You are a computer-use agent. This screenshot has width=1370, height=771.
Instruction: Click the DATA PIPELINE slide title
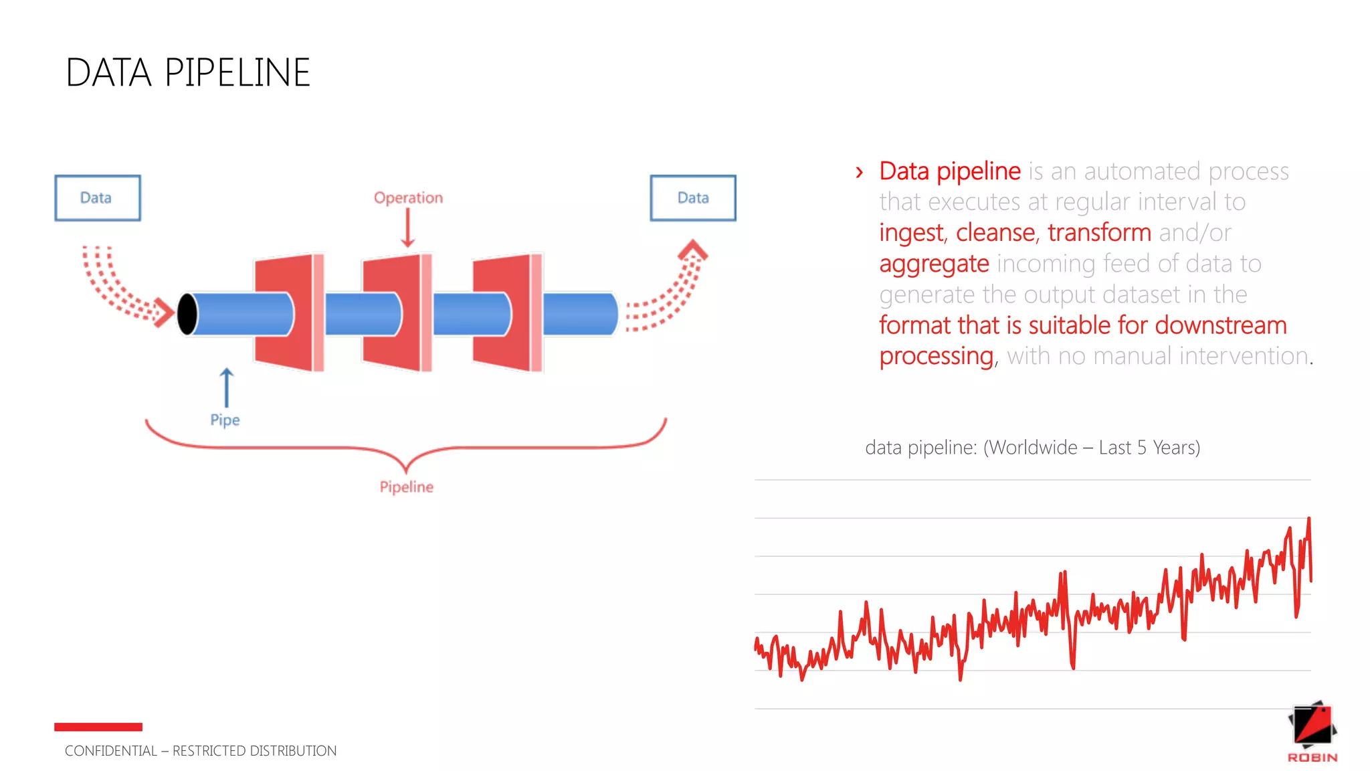pyautogui.click(x=188, y=72)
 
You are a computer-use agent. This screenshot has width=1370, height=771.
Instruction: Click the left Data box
pyautogui.click(x=97, y=197)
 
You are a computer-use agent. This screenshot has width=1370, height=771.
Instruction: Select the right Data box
pyautogui.click(x=692, y=197)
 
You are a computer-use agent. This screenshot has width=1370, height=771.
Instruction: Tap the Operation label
pyautogui.click(x=408, y=197)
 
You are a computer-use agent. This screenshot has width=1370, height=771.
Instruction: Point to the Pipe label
pyautogui.click(x=225, y=420)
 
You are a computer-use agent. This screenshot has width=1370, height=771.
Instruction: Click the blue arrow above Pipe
pyautogui.click(x=227, y=388)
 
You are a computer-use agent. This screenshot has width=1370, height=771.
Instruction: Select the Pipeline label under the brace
pyautogui.click(x=406, y=487)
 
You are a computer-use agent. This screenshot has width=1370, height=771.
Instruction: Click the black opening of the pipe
pyautogui.click(x=187, y=313)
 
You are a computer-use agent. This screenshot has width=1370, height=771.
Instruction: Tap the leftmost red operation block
pyautogui.click(x=284, y=312)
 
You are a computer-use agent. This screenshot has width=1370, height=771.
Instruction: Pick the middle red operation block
pyautogui.click(x=393, y=312)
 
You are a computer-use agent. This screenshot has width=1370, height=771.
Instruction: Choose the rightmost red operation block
pyautogui.click(x=503, y=312)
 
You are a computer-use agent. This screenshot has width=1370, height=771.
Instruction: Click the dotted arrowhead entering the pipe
pyautogui.click(x=163, y=313)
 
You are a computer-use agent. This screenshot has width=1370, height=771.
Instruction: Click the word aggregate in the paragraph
pyautogui.click(x=934, y=264)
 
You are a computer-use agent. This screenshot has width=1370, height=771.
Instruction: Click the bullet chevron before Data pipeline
pyautogui.click(x=860, y=173)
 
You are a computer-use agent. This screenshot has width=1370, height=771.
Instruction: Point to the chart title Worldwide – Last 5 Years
pyautogui.click(x=1032, y=447)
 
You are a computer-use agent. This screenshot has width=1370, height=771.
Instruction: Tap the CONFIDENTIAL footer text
pyautogui.click(x=201, y=751)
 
